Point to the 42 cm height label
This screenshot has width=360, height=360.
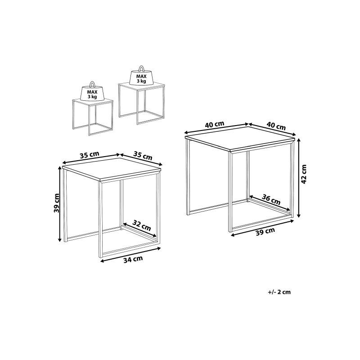(x=304, y=174)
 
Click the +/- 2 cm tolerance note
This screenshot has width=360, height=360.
(x=279, y=292)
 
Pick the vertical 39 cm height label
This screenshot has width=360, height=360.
(x=56, y=202)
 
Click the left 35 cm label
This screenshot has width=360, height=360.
(x=89, y=155)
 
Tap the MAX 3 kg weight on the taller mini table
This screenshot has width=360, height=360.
(x=141, y=79)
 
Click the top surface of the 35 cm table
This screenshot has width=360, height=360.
(x=112, y=169)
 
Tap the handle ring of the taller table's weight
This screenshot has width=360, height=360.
(x=141, y=69)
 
